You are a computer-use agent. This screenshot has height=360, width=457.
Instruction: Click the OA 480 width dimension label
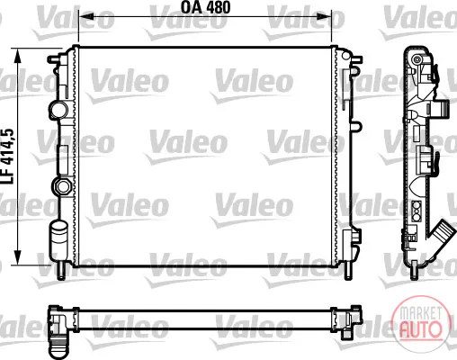point(205,7)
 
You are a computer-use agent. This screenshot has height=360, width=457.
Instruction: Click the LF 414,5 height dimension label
point(8,157)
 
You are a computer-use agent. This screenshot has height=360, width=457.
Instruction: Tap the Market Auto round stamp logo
point(421,323)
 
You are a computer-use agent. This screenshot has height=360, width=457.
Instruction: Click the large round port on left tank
point(59,110)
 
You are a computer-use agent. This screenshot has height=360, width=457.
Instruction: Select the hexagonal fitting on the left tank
point(62,186)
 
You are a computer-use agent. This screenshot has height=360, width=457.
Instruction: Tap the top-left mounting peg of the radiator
point(55,59)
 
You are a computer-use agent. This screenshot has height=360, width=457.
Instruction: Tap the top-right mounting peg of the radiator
point(356,59)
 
